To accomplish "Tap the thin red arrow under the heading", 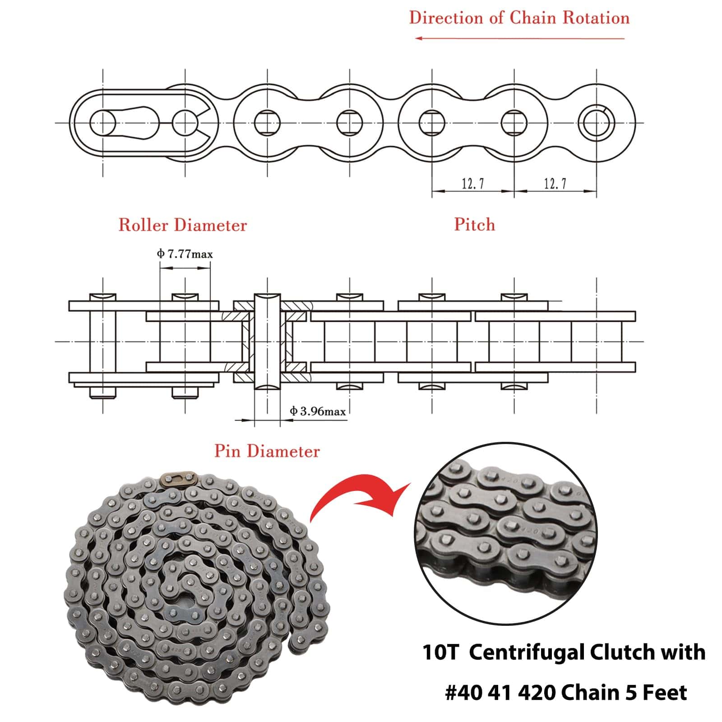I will [519, 38].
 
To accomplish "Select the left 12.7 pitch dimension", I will [472, 184].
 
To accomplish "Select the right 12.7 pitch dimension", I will [555, 184].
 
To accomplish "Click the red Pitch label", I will [474, 225].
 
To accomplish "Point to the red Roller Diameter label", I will [183, 225].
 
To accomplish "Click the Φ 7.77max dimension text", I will [185, 254].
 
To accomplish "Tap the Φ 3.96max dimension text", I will [318, 412].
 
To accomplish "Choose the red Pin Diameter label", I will [267, 451].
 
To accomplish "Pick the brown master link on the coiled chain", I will [178, 478].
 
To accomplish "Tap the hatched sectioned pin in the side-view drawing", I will [267, 341].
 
